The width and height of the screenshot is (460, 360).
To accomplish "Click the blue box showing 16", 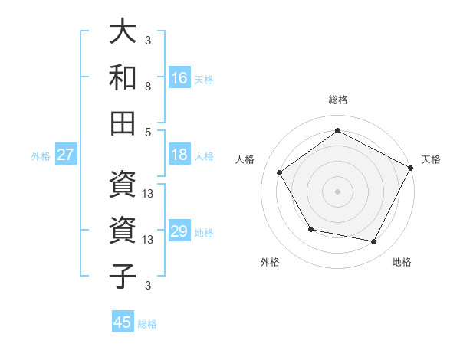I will [x=179, y=78].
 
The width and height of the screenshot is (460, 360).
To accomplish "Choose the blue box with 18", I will [x=179, y=155].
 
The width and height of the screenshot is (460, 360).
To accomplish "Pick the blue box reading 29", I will [x=179, y=231].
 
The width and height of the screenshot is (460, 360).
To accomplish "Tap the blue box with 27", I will [x=66, y=155].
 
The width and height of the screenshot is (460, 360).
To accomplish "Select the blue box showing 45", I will [x=123, y=322].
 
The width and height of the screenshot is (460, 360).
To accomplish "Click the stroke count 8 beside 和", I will [x=148, y=87].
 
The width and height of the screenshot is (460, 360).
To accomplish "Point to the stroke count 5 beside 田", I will [x=148, y=132].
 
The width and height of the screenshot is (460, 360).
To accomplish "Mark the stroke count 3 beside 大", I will [x=148, y=40].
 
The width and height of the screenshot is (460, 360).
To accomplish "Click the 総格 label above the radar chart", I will [x=338, y=100].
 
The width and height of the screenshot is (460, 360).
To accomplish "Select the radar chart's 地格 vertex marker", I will [x=374, y=242].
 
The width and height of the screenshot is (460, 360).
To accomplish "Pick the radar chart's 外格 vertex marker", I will [x=310, y=229].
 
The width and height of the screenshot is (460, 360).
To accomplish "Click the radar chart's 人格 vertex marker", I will [x=280, y=172].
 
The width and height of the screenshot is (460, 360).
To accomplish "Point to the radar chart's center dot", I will [x=338, y=191].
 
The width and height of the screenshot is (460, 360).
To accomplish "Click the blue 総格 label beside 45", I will [x=147, y=324].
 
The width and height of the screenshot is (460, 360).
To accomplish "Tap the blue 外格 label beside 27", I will [x=41, y=156].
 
